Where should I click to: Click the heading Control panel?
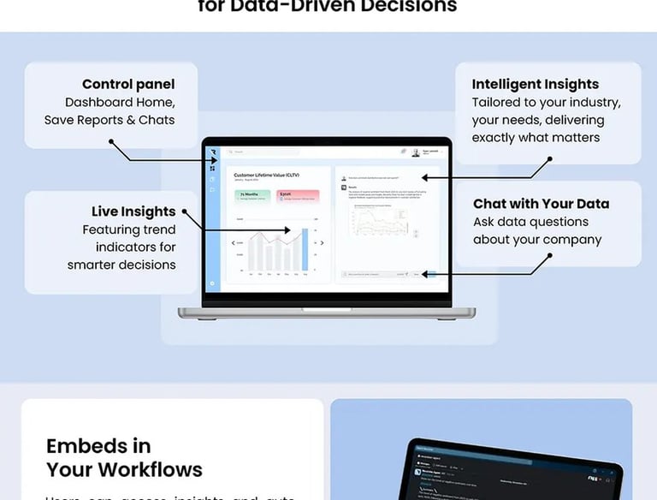[x=128, y=84]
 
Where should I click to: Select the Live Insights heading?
[x=133, y=211]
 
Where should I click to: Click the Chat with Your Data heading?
[x=541, y=204]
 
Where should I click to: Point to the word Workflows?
[x=151, y=469]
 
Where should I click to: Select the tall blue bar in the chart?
[x=305, y=249]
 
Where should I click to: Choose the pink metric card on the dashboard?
[x=298, y=197]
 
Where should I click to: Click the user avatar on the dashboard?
[x=416, y=152]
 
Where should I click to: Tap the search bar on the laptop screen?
[x=257, y=152]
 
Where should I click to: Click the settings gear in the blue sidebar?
[x=212, y=283]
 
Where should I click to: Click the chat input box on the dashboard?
[x=376, y=274]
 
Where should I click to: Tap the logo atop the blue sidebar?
[x=212, y=152]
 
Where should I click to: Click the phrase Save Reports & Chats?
[x=109, y=120]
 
